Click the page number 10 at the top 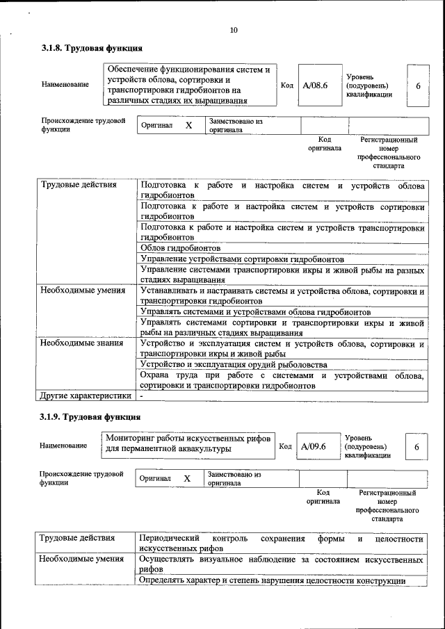click(x=233, y=30)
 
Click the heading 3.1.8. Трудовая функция click(x=92, y=49)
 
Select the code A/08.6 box click(x=316, y=85)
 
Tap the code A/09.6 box click(x=314, y=446)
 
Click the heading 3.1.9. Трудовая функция click(x=90, y=417)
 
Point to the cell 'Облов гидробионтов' click(x=181, y=248)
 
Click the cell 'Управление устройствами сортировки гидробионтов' click(x=242, y=259)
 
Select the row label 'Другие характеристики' click(x=86, y=396)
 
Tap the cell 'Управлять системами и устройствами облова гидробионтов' click(x=255, y=312)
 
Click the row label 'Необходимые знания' click(x=82, y=343)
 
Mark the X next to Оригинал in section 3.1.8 click(x=188, y=126)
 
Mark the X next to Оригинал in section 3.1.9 click(x=187, y=479)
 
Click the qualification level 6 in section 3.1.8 click(x=418, y=85)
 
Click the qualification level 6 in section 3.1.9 click(x=416, y=447)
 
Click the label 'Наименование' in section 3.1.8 click(x=65, y=85)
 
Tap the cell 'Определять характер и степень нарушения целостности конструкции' click(x=273, y=580)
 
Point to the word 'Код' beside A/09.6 click(x=285, y=446)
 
